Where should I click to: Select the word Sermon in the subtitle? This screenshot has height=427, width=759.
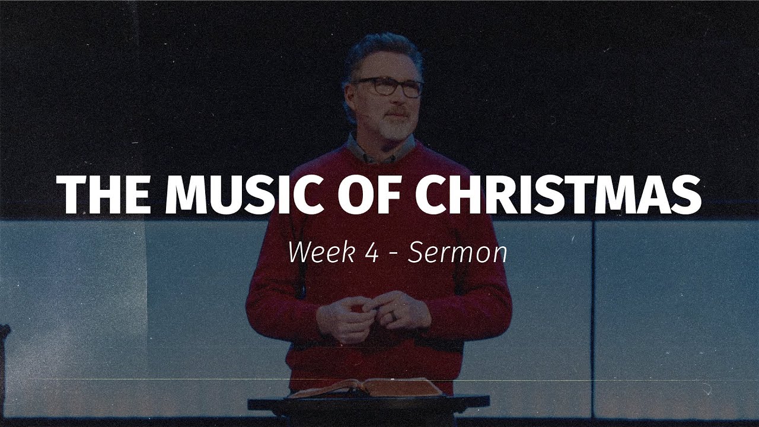[x=458, y=253]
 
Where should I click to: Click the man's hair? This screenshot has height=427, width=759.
[x=379, y=50]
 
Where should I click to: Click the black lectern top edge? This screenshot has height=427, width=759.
[x=368, y=401]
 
